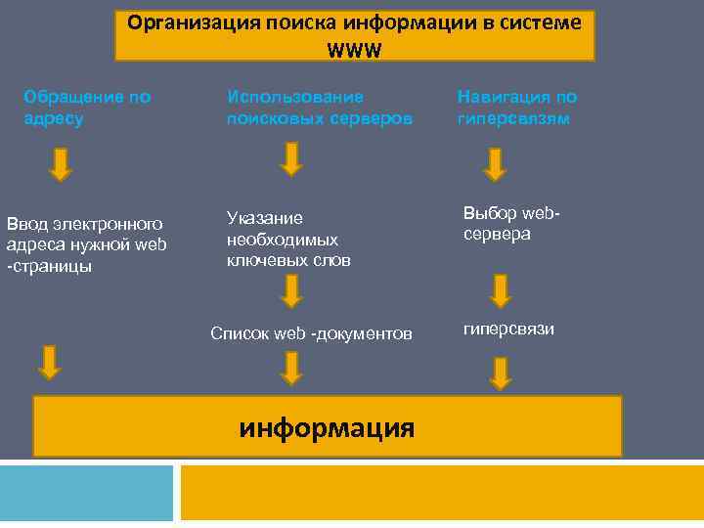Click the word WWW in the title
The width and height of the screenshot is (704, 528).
coord(354,48)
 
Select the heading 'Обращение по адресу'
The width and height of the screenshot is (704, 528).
coord(87,108)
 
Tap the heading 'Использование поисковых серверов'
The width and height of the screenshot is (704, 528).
coord(320,108)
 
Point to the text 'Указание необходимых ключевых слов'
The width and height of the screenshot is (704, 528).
coord(288,240)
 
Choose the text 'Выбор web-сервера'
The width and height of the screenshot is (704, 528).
coord(514,224)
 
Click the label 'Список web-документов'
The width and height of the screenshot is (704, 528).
coord(311,333)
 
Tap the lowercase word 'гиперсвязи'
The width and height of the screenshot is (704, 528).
coord(508,328)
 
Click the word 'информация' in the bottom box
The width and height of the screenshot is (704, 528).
coord(327,427)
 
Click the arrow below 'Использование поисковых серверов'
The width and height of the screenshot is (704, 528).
coord(291,158)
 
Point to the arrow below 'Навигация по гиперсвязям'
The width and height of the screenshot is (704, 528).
coord(496,164)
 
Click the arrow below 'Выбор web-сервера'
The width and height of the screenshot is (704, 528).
coord(501,290)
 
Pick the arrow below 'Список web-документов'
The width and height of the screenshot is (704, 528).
coord(291,368)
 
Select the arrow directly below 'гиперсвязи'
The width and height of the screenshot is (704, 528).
coord(501,373)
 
